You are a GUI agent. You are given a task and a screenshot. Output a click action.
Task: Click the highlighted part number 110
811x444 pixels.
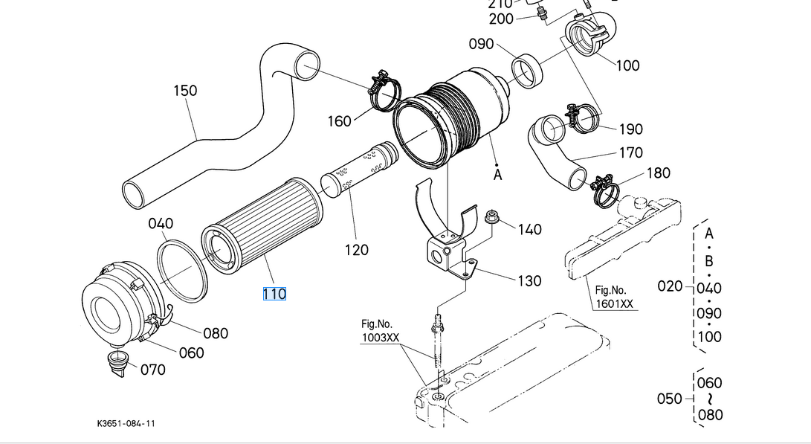point(274,294)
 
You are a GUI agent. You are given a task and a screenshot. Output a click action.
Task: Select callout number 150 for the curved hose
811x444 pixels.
point(185,91)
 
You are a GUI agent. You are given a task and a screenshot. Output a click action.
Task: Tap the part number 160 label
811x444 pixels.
point(339,120)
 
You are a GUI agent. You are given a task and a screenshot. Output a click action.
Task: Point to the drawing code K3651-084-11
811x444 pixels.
point(126,423)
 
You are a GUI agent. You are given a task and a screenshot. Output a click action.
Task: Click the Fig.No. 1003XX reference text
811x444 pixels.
point(380,331)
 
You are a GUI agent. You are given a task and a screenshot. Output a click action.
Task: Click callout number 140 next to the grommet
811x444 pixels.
point(529,229)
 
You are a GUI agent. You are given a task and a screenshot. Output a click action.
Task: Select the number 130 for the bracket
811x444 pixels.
point(529,281)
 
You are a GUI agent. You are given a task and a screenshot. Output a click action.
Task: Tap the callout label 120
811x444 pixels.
point(357,250)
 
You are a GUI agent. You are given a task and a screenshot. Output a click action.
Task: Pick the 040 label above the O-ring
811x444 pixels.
point(161,223)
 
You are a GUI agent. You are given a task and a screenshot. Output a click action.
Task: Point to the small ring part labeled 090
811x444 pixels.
point(528,71)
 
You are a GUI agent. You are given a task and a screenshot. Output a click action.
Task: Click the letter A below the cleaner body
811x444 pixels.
point(498,175)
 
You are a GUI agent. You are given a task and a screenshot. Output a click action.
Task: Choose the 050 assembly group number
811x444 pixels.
point(670,399)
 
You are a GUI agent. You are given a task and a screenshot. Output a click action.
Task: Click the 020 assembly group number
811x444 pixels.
point(670,286)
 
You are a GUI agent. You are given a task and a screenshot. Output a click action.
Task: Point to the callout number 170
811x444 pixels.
point(630,152)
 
